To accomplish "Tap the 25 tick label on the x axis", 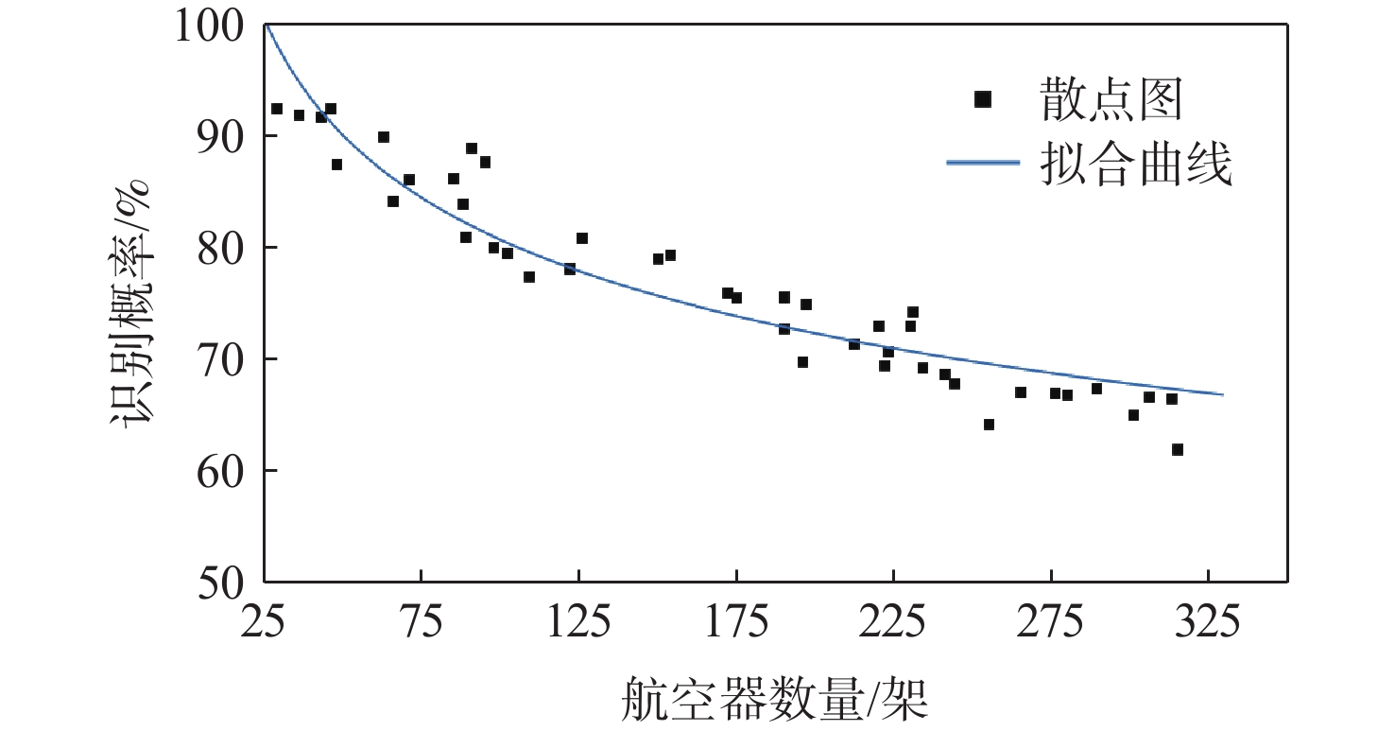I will pos(264,623).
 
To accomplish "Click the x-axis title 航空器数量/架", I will pos(775,698).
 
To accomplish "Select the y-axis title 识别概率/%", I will pos(132,303).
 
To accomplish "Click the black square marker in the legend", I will pos(983,99).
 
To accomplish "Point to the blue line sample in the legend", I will pos(983,163).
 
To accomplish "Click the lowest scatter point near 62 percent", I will pos(1177,449).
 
